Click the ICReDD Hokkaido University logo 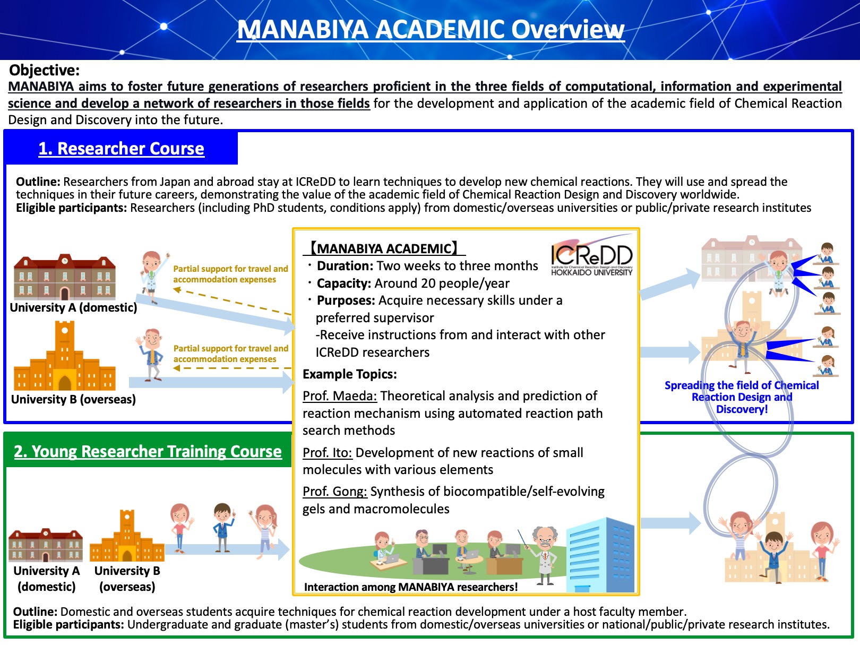coord(591,256)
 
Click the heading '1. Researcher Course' coord(121,149)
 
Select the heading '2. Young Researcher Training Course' coord(148,452)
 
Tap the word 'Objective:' coord(44,71)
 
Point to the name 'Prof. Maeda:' coord(340,396)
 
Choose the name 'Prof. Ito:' coord(328,453)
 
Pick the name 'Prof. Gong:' coord(335,492)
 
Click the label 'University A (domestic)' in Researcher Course coord(73,307)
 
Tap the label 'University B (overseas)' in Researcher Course coord(73,399)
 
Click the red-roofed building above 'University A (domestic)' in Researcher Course coord(65,277)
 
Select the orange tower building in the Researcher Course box coord(65,356)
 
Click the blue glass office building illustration coord(600,555)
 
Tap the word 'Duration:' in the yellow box coord(345,266)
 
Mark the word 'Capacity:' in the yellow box coord(344,283)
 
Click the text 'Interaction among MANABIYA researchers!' coord(410,587)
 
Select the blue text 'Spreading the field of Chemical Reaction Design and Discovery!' coord(742,397)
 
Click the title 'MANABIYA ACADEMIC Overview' coord(431,30)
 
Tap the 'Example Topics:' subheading coord(349,374)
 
